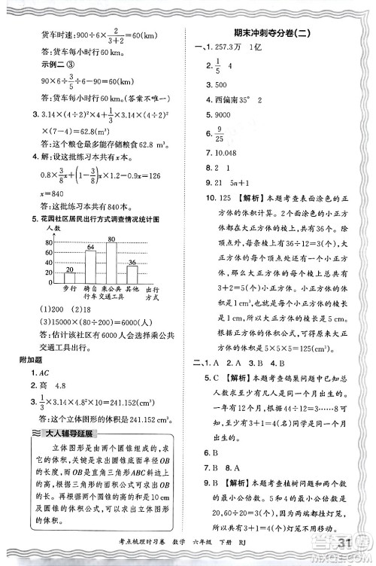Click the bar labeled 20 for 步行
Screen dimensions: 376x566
pos(69,279)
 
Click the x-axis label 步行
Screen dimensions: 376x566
pos(70,290)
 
